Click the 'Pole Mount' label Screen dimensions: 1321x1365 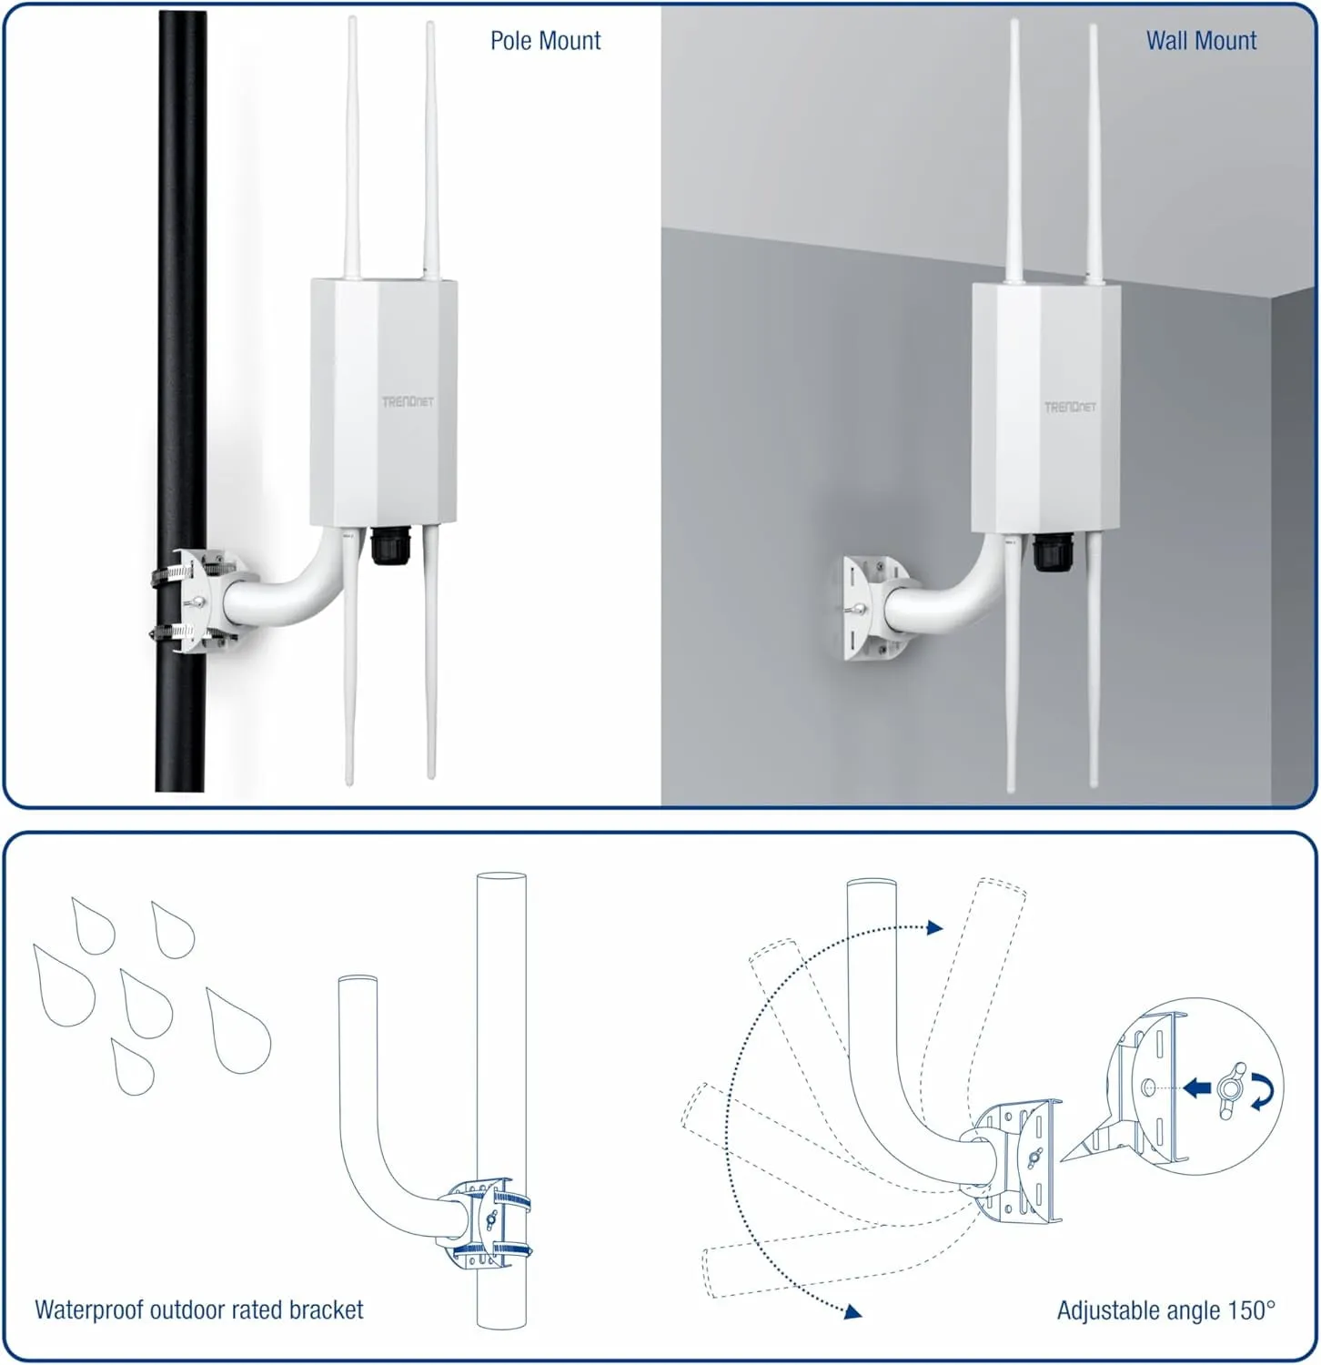545,41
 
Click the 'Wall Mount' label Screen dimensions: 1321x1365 1201,41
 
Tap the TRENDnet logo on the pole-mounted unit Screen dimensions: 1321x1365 408,401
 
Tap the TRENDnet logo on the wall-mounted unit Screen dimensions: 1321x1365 1070,407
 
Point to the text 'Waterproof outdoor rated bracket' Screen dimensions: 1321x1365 198,1309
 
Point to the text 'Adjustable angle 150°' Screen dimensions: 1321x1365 1166,1310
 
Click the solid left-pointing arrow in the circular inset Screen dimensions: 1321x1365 1198,1087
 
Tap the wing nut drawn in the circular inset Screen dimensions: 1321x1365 1233,1086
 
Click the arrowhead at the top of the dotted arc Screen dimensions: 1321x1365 934,927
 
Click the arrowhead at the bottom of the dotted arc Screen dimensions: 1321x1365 852,1311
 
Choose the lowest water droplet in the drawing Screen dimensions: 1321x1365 132,1067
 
